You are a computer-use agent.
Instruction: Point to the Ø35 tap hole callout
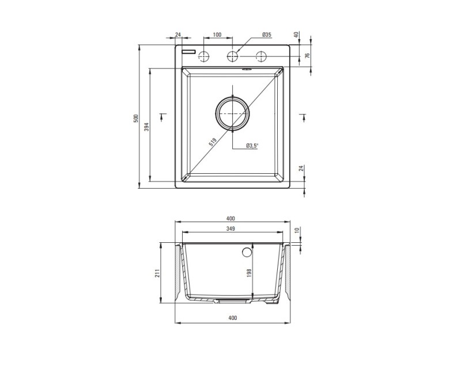click(266, 35)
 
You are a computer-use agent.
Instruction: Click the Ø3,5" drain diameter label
click(252, 146)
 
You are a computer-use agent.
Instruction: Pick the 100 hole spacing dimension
click(217, 35)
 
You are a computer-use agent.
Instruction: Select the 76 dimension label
click(308, 56)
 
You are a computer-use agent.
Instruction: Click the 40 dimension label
click(296, 35)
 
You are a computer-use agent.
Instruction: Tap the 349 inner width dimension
click(231, 229)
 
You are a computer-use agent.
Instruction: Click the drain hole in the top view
click(233, 113)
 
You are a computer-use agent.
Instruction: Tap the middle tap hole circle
click(232, 56)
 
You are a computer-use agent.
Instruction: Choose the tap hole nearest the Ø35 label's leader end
click(232, 56)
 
